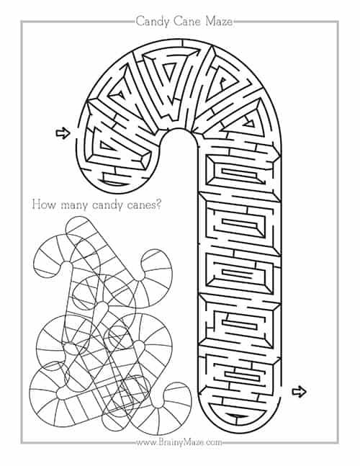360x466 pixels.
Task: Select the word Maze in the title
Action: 219,22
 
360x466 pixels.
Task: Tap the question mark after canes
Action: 158,205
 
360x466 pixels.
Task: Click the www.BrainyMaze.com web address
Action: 179,442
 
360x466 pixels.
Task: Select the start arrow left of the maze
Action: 63,133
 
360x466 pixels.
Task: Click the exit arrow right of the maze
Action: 299,392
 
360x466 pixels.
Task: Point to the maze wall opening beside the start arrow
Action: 78,133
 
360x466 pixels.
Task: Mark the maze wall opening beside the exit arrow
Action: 280,392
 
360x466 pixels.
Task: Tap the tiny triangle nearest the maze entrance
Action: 105,145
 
